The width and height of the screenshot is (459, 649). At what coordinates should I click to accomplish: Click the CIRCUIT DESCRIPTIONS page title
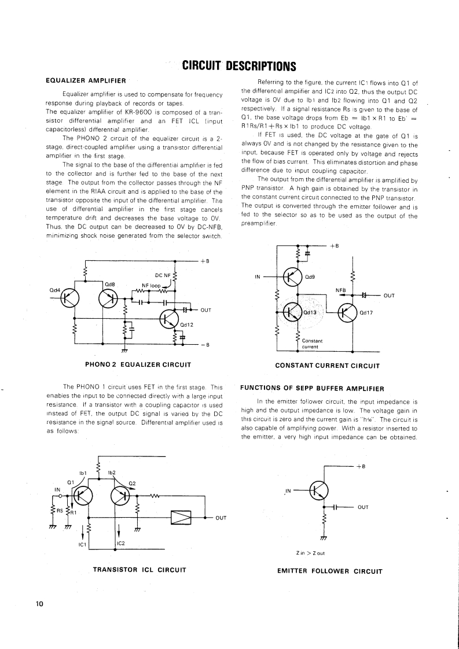[x=239, y=65]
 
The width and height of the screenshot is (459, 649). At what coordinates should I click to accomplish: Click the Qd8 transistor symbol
[x=109, y=298]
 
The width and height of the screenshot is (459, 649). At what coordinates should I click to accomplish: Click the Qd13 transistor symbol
[x=294, y=314]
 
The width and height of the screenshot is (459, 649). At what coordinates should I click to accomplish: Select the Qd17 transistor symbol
[x=348, y=313]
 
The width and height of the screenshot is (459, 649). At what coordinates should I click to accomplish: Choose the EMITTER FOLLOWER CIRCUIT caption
[x=331, y=571]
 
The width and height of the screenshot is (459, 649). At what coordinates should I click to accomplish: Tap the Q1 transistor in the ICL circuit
[x=80, y=495]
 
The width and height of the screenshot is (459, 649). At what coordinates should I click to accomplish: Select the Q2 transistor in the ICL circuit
[x=120, y=495]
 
